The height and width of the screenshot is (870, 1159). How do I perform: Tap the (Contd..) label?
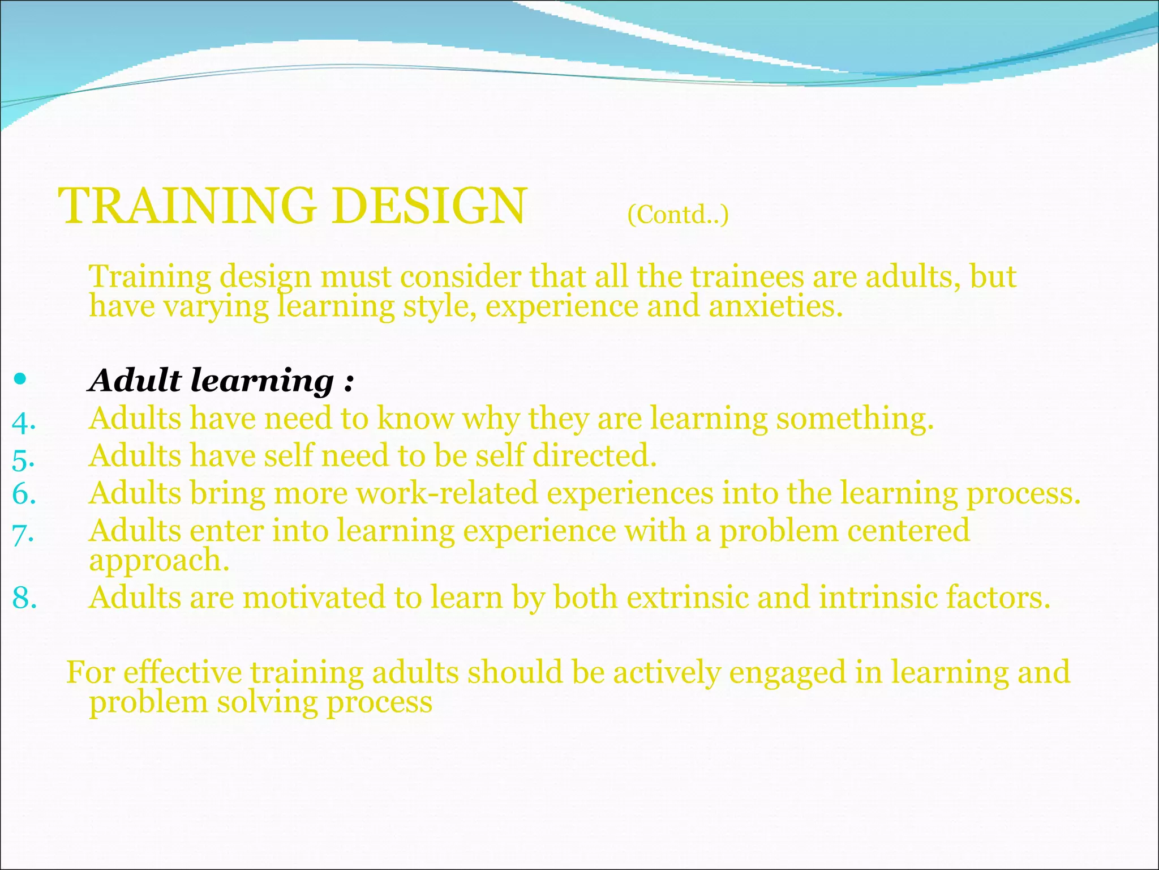tap(677, 215)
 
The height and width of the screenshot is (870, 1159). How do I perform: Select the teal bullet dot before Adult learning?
tap(20, 379)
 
